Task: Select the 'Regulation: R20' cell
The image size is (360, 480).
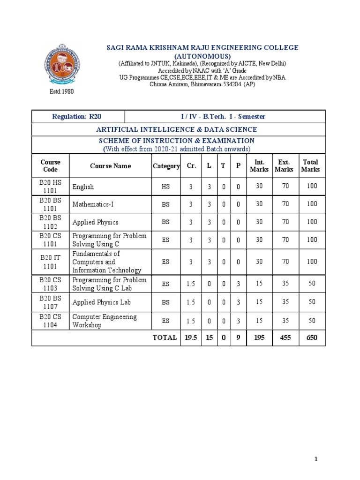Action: (78, 116)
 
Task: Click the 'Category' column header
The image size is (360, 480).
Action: (166, 166)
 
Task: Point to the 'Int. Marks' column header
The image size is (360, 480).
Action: (259, 166)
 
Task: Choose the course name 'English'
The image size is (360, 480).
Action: (83, 187)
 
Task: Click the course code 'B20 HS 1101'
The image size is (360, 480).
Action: (50, 187)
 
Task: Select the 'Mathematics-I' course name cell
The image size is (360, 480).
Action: (90, 204)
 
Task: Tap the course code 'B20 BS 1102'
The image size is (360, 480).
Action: (50, 222)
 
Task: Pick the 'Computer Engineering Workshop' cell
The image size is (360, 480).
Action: (105, 321)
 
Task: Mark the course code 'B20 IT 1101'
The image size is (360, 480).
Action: (50, 262)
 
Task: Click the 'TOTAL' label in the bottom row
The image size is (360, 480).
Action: (165, 337)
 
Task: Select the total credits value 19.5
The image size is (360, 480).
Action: (191, 337)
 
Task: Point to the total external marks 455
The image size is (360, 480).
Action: (285, 337)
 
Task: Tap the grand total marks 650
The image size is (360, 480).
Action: (312, 337)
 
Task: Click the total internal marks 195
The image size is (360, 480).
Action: (259, 337)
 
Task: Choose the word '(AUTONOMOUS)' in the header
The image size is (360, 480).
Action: (202, 56)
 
